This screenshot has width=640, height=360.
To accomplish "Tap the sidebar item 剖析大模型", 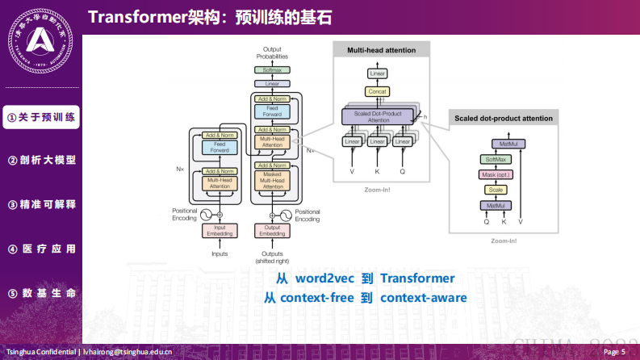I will coord(41,160).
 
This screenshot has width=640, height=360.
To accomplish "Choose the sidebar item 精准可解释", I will coord(41,204).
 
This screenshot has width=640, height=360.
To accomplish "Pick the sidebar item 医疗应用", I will coord(41,249).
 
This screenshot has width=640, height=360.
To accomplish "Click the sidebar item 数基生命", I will coord(41,292).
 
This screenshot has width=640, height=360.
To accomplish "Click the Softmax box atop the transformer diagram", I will coord(271,70).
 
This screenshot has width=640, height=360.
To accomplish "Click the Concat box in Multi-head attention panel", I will coord(378,91).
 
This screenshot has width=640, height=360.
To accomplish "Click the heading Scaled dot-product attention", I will coord(503,119).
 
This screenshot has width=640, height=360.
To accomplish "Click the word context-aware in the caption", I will coord(423,298).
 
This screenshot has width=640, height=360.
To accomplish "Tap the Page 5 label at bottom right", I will coord(613,352).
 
